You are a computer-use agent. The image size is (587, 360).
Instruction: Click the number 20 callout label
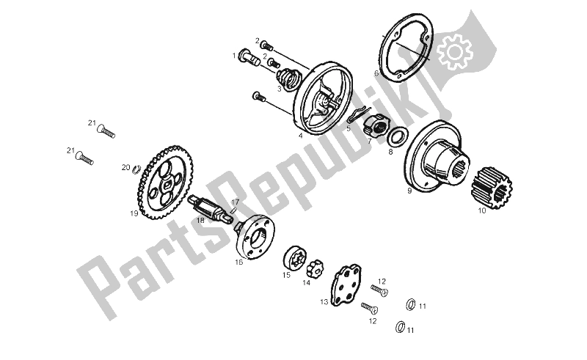pos(125,167)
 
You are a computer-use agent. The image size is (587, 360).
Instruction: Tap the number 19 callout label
pos(134,214)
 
